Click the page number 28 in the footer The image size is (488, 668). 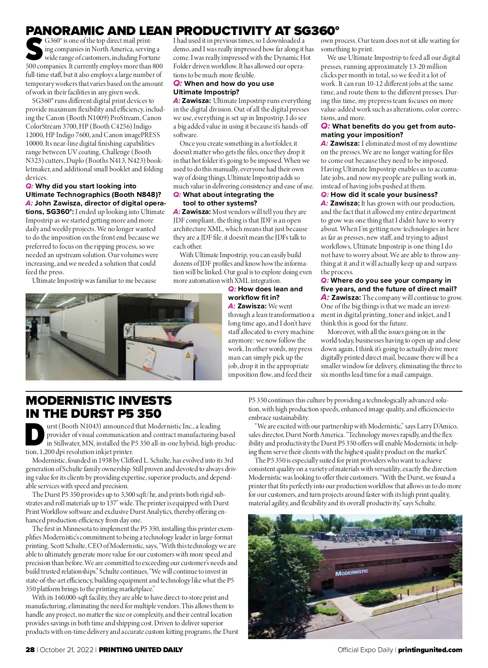click(x=30, y=650)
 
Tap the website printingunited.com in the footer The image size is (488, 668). click(x=430, y=650)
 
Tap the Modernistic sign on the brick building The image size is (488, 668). click(x=351, y=572)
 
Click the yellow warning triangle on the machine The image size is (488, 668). click(x=187, y=355)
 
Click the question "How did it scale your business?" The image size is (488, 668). click(x=384, y=194)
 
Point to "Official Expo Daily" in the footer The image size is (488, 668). click(x=365, y=650)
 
